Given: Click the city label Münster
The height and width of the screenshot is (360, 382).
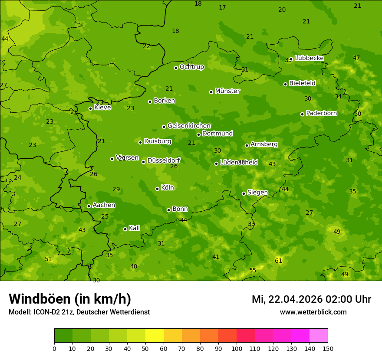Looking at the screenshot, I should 227,91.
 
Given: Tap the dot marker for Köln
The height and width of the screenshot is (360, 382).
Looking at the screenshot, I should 157,189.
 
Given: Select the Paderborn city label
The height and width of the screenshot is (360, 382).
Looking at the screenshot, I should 322,113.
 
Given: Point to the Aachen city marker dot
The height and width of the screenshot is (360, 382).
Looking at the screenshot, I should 89,206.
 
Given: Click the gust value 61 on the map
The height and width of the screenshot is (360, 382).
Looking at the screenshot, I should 279,261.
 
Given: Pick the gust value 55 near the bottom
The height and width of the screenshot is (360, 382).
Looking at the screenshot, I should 253,270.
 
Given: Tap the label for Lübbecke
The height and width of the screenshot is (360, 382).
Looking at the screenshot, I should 309,58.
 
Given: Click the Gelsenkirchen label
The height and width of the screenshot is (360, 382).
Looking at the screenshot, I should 189,126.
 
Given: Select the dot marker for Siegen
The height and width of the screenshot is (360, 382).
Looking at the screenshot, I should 244,193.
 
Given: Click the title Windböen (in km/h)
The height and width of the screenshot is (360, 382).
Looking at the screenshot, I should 70,299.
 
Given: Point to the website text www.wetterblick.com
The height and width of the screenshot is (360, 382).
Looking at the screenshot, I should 313,312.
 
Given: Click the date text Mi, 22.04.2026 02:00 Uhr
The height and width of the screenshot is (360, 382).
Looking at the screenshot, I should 311,299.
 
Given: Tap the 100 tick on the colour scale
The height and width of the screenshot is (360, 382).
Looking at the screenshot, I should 237,348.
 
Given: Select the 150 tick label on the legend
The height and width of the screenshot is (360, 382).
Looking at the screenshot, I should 328,348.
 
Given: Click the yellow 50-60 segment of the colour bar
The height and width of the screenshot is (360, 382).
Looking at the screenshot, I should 155,336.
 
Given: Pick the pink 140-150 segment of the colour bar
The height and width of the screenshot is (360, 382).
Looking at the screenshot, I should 319,336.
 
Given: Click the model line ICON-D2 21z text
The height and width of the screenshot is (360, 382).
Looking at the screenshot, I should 79,312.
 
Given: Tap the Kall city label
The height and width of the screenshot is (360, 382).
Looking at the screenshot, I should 135,228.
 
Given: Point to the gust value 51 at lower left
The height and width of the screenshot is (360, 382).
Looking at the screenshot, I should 48,259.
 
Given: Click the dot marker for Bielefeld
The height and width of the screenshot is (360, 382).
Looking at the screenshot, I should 285,84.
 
